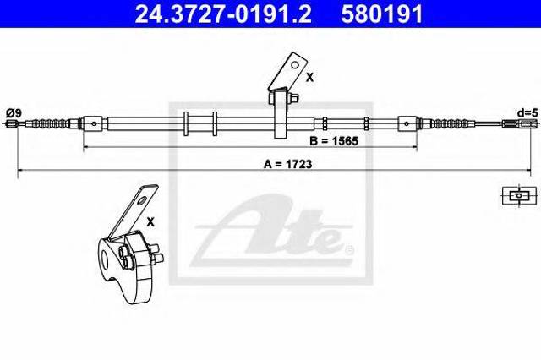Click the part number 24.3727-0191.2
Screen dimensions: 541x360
(223, 14)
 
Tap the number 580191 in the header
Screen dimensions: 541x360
(382, 14)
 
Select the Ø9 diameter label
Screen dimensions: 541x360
(14, 112)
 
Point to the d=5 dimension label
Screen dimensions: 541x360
(527, 112)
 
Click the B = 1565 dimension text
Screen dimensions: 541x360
(334, 140)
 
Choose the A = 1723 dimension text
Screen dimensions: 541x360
(287, 164)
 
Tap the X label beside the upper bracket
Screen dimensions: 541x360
(310, 78)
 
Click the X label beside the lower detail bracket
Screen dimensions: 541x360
(150, 222)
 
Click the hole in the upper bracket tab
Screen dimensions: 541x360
(295, 64)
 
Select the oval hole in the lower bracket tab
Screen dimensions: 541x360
(142, 200)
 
